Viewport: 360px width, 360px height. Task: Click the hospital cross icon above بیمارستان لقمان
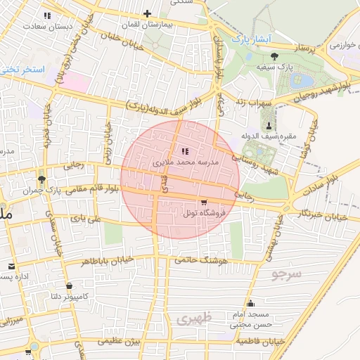(x=147, y=13)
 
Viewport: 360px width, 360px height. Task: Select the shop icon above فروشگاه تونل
(x=204, y=201)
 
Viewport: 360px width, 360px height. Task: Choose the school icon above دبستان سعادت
(x=47, y=15)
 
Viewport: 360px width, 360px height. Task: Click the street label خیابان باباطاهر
(x=105, y=261)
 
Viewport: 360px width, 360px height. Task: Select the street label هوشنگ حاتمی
(x=224, y=261)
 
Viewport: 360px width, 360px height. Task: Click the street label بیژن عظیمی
(x=119, y=341)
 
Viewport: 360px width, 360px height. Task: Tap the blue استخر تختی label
(x=23, y=70)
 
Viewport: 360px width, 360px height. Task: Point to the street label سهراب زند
(x=254, y=103)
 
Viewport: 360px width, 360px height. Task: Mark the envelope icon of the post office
(x=12, y=266)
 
